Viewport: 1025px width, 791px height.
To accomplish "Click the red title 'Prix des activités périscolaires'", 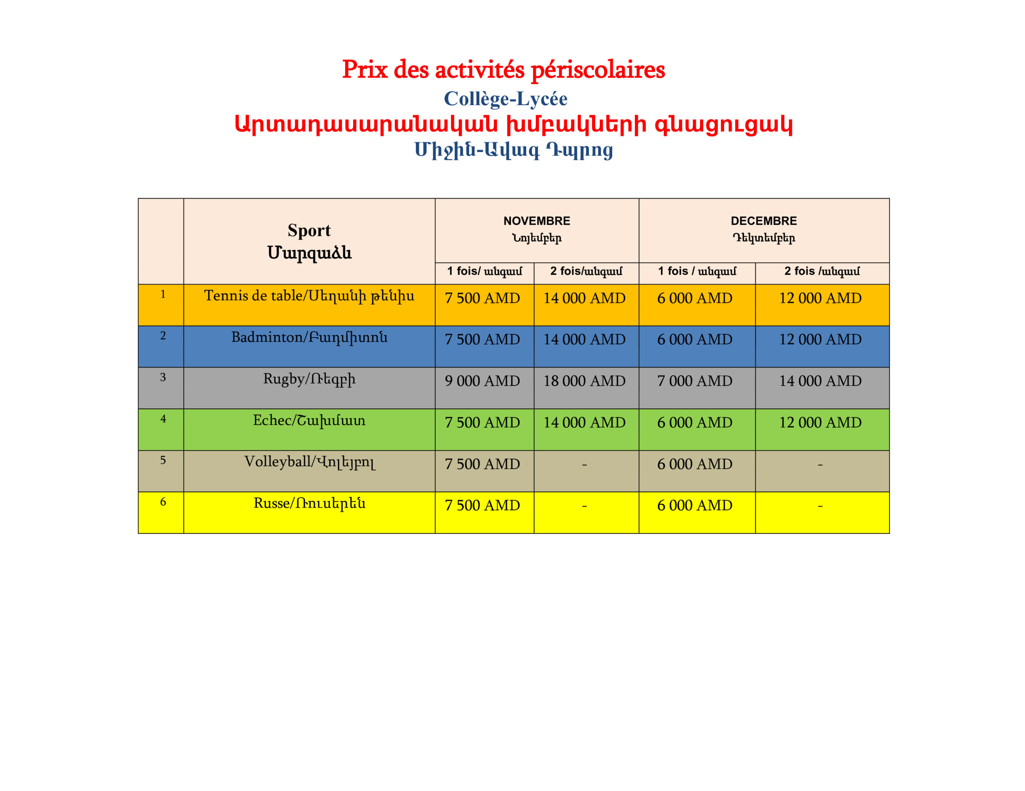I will (503, 70).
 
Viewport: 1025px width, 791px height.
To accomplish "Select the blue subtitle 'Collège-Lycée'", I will (505, 98).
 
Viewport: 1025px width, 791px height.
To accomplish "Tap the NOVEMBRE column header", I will (537, 221).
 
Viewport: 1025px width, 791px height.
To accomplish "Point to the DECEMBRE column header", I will (764, 221).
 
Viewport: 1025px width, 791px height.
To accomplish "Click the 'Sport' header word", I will (309, 230).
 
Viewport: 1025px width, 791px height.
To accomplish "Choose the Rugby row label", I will (309, 379).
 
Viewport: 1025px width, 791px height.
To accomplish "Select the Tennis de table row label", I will (309, 296).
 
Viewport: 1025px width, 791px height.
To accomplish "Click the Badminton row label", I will (309, 337).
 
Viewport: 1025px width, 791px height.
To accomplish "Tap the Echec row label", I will (309, 420).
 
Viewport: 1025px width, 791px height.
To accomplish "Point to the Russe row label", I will (309, 503).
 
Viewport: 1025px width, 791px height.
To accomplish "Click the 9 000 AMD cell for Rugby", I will (482, 381).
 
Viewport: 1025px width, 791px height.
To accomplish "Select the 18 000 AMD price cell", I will (584, 381).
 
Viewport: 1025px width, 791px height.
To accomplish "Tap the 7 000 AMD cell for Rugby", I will (695, 381).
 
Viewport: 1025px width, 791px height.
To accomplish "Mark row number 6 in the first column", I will (163, 502).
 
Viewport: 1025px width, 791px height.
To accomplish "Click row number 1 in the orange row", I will (163, 294).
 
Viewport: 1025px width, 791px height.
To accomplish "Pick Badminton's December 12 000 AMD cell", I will (820, 340).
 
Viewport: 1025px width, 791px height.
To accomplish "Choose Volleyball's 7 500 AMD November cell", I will (482, 464).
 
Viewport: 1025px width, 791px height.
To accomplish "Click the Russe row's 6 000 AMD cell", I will (695, 505).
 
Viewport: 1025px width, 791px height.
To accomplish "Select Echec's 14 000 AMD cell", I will (584, 422).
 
